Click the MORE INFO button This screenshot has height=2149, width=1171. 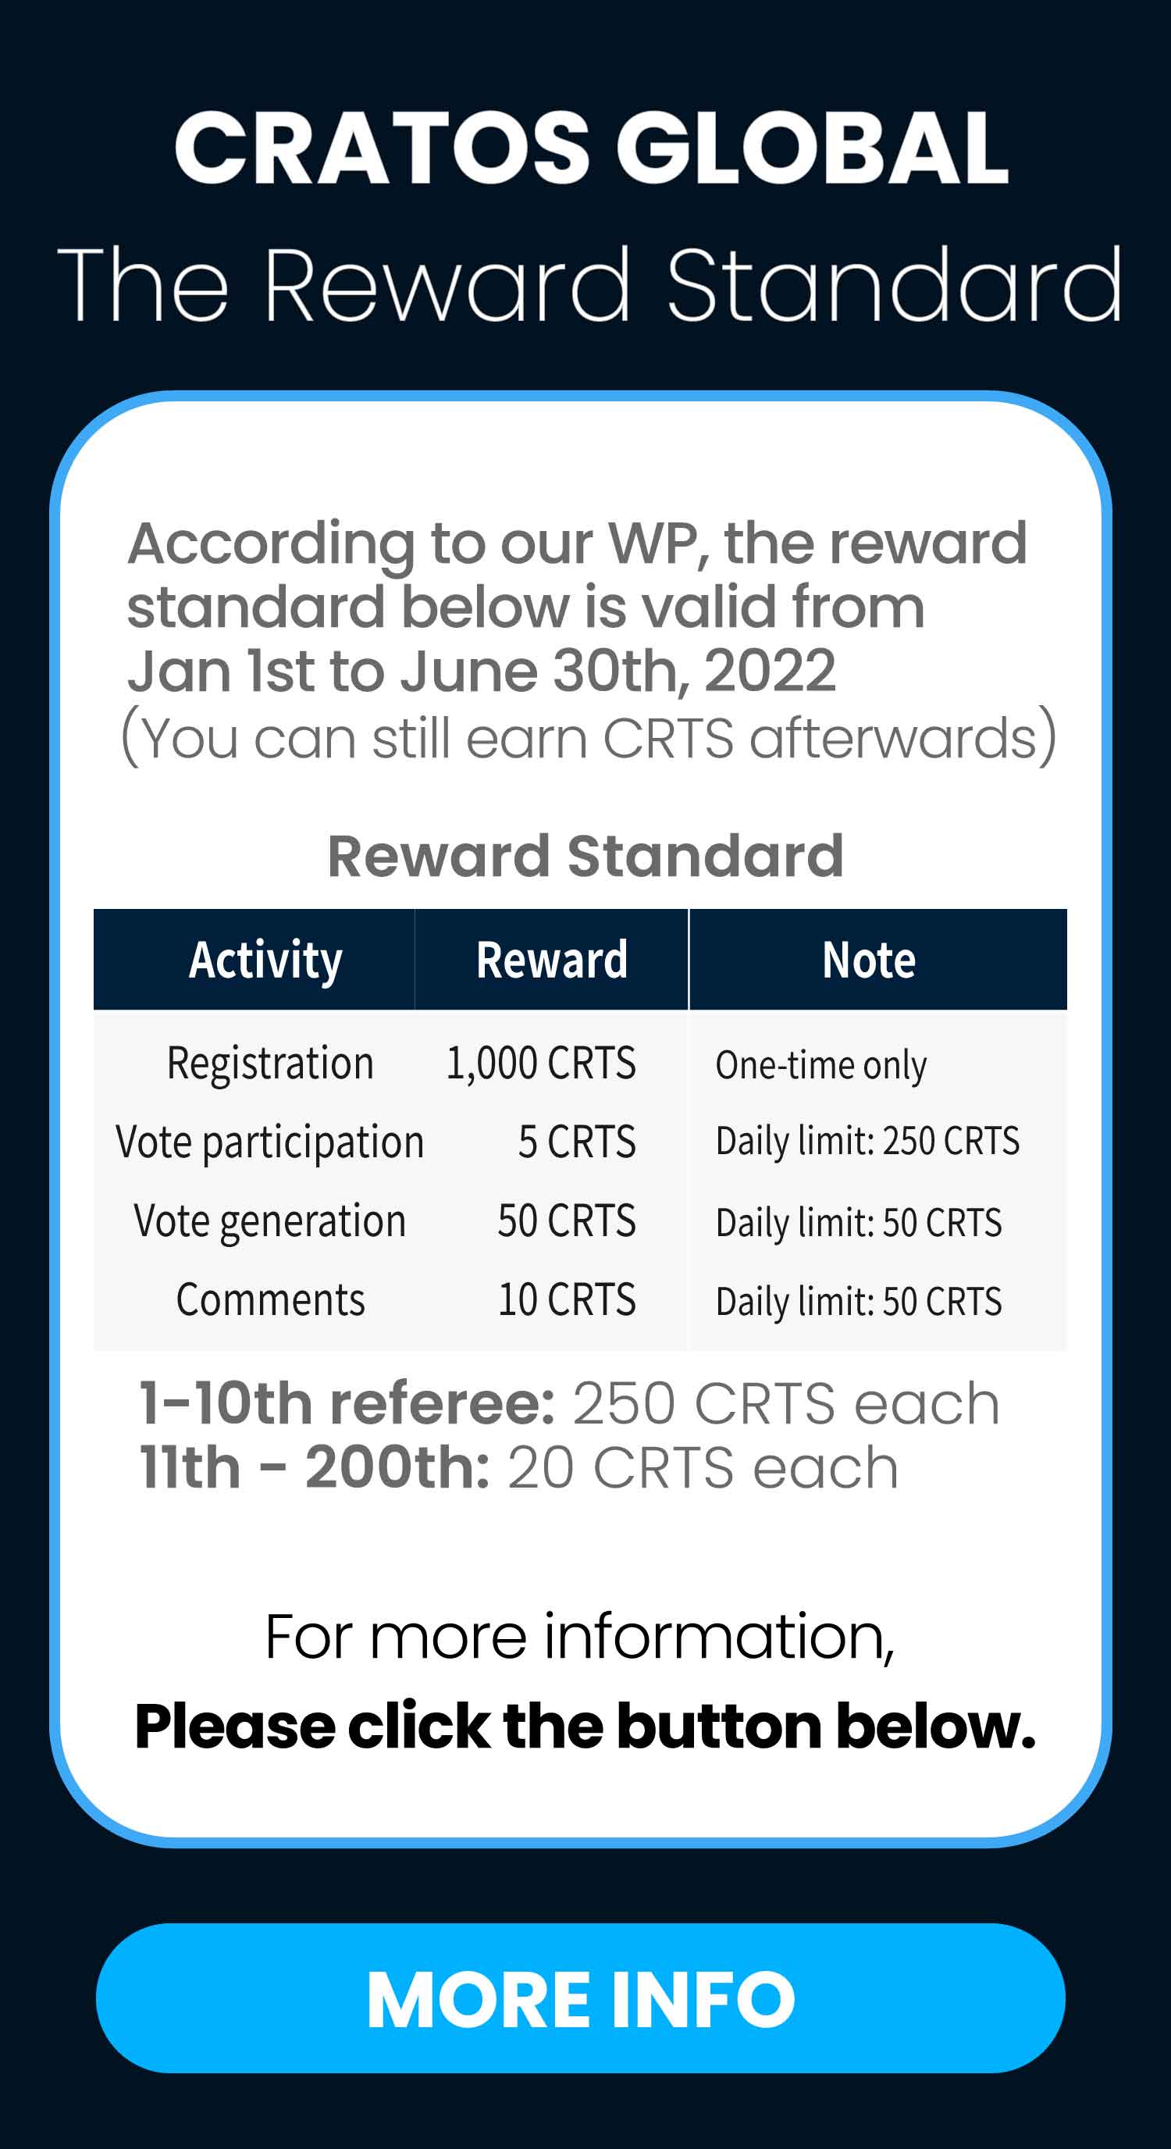(581, 1999)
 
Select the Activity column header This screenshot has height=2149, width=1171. (265, 960)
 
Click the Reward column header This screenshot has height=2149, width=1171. (551, 960)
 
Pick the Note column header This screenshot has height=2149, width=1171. (869, 960)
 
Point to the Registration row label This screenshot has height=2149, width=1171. (270, 1064)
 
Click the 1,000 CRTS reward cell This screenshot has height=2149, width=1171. (541, 1063)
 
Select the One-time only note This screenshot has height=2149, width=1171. (821, 1065)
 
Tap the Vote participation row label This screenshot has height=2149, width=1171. (270, 1143)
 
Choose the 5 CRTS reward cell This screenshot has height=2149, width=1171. (577, 1141)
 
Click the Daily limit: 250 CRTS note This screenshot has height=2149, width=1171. (867, 1140)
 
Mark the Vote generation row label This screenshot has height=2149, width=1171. (270, 1222)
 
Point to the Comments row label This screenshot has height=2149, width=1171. (270, 1299)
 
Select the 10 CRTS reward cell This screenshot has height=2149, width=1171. (567, 1299)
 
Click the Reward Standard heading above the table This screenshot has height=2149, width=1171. (585, 856)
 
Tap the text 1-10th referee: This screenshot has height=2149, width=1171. (347, 1403)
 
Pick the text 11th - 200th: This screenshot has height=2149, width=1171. (315, 1467)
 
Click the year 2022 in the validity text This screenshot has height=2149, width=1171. (769, 671)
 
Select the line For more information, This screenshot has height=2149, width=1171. (581, 1638)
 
